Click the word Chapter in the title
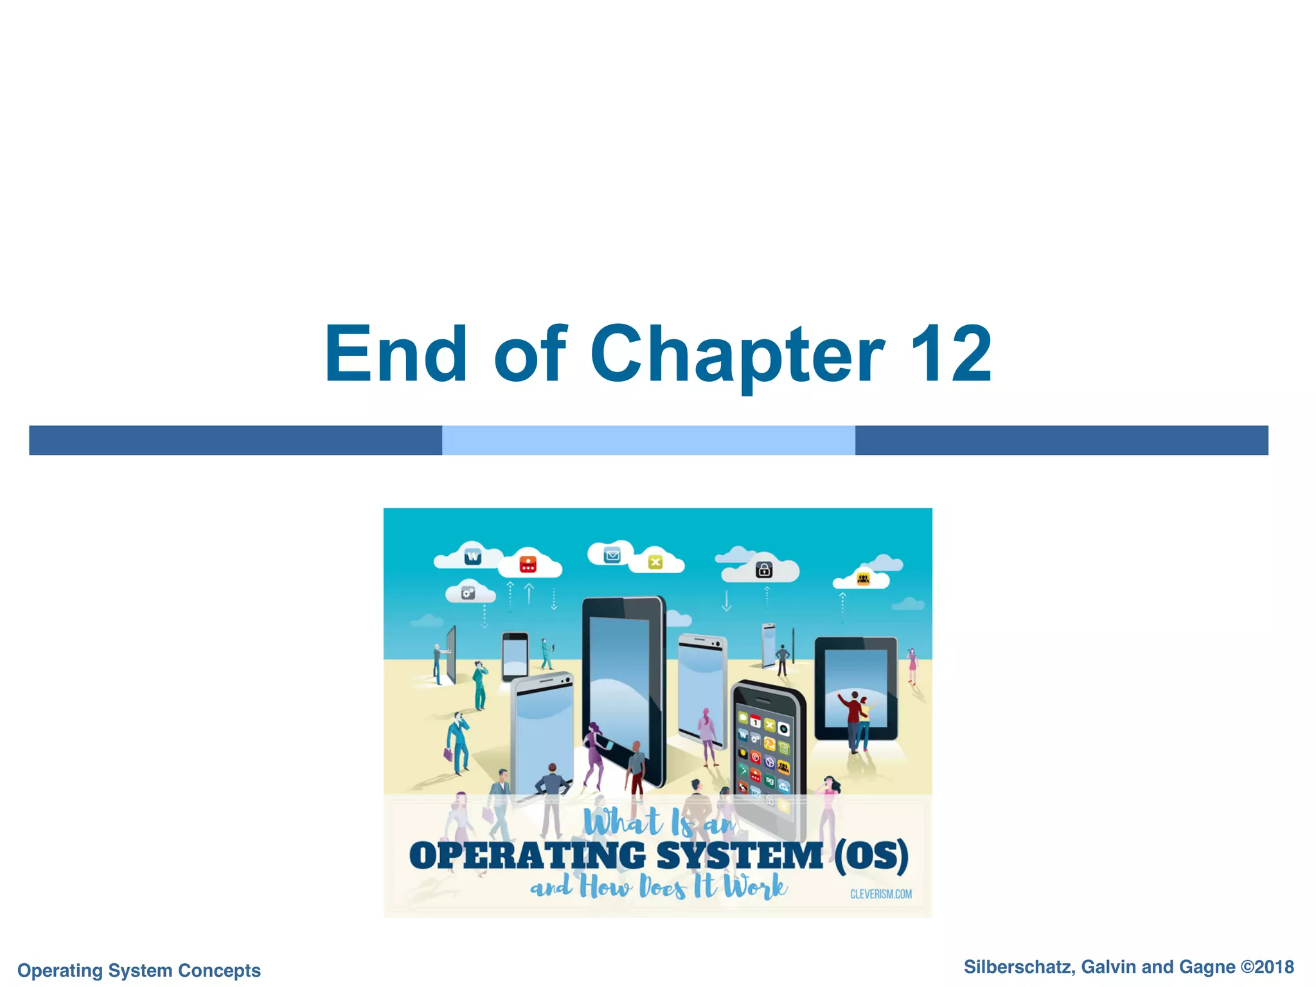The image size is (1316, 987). tap(737, 355)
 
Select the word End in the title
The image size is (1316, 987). tap(395, 353)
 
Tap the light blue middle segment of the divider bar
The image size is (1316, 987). tap(648, 440)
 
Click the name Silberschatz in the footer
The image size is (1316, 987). tap(1019, 967)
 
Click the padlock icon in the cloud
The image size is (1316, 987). tap(764, 569)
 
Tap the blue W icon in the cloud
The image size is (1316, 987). tap(473, 556)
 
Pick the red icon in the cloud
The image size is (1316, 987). tap(528, 565)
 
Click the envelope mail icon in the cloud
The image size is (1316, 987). tap(612, 555)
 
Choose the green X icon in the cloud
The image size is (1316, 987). tap(655, 562)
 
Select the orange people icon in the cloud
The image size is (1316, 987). tap(863, 580)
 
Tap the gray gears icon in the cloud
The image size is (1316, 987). tap(468, 593)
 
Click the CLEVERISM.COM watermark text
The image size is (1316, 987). tap(880, 894)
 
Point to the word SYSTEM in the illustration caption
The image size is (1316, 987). tap(740, 856)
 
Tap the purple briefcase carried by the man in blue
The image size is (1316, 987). tap(448, 753)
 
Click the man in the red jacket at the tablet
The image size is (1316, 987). tap(853, 718)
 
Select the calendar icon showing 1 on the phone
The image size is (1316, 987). tap(756, 722)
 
